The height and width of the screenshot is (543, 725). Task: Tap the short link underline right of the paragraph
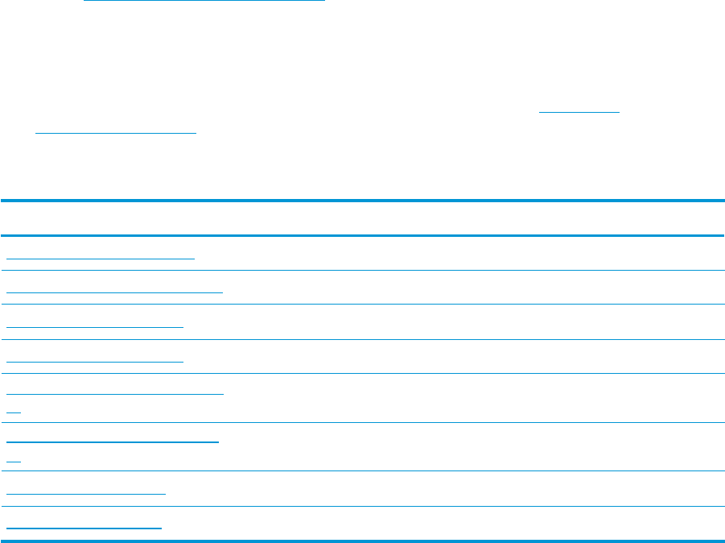580,110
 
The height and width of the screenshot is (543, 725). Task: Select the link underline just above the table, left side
116,132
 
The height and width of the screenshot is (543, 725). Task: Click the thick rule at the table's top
362,201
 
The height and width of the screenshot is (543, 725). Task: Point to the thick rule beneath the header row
362,235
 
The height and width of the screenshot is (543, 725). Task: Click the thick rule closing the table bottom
362,540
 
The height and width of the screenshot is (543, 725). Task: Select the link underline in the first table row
101,258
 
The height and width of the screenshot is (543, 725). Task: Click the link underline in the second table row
114,292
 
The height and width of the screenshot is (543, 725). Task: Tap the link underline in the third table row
95,326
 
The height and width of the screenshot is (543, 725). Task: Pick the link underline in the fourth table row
95,360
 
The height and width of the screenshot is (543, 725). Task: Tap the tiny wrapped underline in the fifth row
13,411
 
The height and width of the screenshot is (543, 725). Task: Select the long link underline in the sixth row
113,442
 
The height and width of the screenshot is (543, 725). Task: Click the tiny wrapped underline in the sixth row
13,459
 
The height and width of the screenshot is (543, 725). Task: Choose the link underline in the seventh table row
85,493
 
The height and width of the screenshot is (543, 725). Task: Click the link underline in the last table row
84,528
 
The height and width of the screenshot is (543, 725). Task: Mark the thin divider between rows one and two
362,270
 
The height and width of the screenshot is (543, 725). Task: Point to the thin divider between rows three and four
362,339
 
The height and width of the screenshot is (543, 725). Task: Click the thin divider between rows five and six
362,422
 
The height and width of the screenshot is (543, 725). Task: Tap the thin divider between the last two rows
362,506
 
